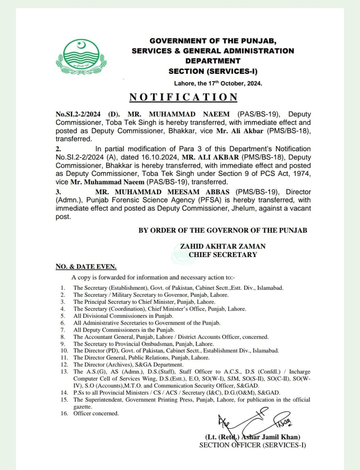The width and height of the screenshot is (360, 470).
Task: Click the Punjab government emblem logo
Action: click(x=81, y=59)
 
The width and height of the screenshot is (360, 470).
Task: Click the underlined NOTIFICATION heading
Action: click(x=183, y=97)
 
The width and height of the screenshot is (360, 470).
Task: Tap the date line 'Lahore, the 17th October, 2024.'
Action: click(x=218, y=83)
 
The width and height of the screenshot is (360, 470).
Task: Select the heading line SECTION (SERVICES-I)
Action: click(x=213, y=71)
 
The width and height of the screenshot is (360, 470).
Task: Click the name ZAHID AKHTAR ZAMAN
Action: click(x=222, y=246)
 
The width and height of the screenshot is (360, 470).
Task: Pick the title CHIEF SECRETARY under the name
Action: click(x=222, y=254)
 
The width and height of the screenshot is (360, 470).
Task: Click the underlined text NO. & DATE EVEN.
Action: click(x=86, y=267)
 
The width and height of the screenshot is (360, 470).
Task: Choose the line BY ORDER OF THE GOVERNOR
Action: click(x=222, y=231)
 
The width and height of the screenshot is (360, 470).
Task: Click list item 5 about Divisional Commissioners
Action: click(x=123, y=316)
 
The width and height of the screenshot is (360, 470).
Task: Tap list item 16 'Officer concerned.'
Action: click(x=96, y=413)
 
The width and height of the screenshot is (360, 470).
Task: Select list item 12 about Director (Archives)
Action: click(x=128, y=365)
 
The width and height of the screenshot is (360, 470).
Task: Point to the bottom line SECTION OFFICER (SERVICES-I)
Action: click(x=252, y=445)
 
